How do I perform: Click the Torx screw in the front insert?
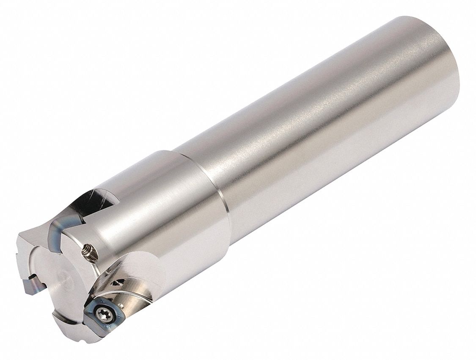104,313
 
